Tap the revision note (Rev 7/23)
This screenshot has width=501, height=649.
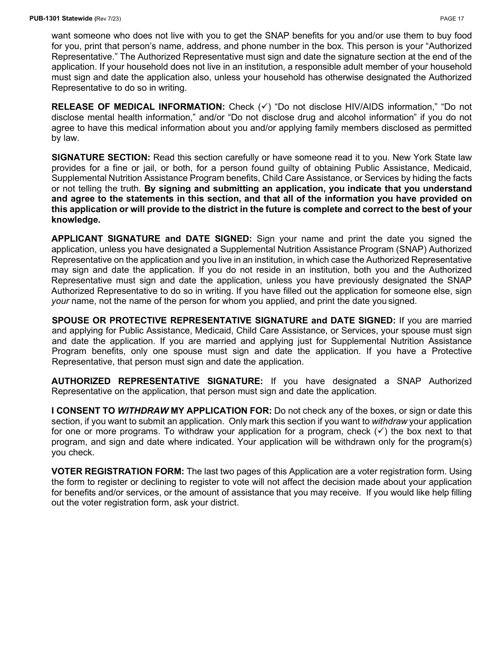coord(109,18)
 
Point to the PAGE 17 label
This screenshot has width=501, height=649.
coord(452,18)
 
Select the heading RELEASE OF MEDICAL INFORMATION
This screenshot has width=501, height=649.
coord(138,107)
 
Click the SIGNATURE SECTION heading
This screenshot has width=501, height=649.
coord(101,158)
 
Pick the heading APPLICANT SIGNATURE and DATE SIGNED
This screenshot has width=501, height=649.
coord(151,239)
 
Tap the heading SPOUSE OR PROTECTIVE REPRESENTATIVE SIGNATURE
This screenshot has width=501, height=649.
coord(223,320)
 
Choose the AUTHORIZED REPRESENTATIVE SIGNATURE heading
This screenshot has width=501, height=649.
coord(157,381)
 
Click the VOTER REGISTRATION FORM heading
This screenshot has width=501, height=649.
coord(118,472)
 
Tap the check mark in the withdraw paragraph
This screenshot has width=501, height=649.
coord(382,432)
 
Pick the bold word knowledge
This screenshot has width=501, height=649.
coord(75,219)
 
